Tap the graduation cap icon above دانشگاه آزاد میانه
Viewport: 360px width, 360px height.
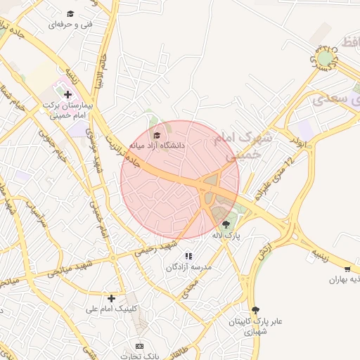pos(157,135)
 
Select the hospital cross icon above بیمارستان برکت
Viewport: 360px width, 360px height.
pos(67,94)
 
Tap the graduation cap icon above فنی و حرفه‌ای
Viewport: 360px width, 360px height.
pos(70,13)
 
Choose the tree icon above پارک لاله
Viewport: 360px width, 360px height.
pos(225,224)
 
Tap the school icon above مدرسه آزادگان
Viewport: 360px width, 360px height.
pos(188,256)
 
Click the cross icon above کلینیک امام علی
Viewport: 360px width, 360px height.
pos(111,298)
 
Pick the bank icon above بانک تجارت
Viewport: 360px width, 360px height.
pos(139,346)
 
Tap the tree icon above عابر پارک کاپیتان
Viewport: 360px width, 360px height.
pos(255,309)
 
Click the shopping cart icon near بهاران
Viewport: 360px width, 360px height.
pos(347,269)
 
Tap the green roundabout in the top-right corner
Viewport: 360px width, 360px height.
pos(325,58)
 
